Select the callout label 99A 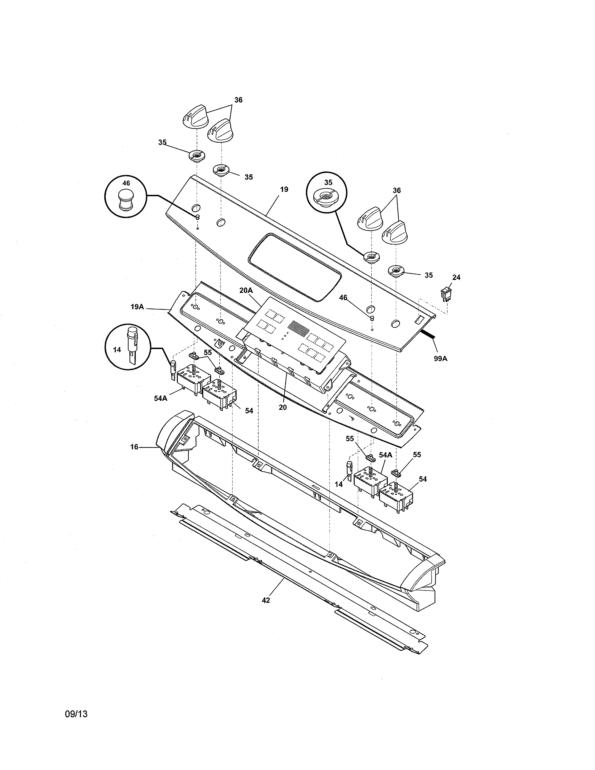(440, 359)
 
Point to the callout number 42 (266, 600)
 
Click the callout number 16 (134, 447)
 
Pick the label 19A (137, 307)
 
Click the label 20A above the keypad (246, 290)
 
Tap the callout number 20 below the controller (283, 408)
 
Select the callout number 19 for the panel (284, 189)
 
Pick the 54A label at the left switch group (160, 398)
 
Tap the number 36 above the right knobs (396, 190)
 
